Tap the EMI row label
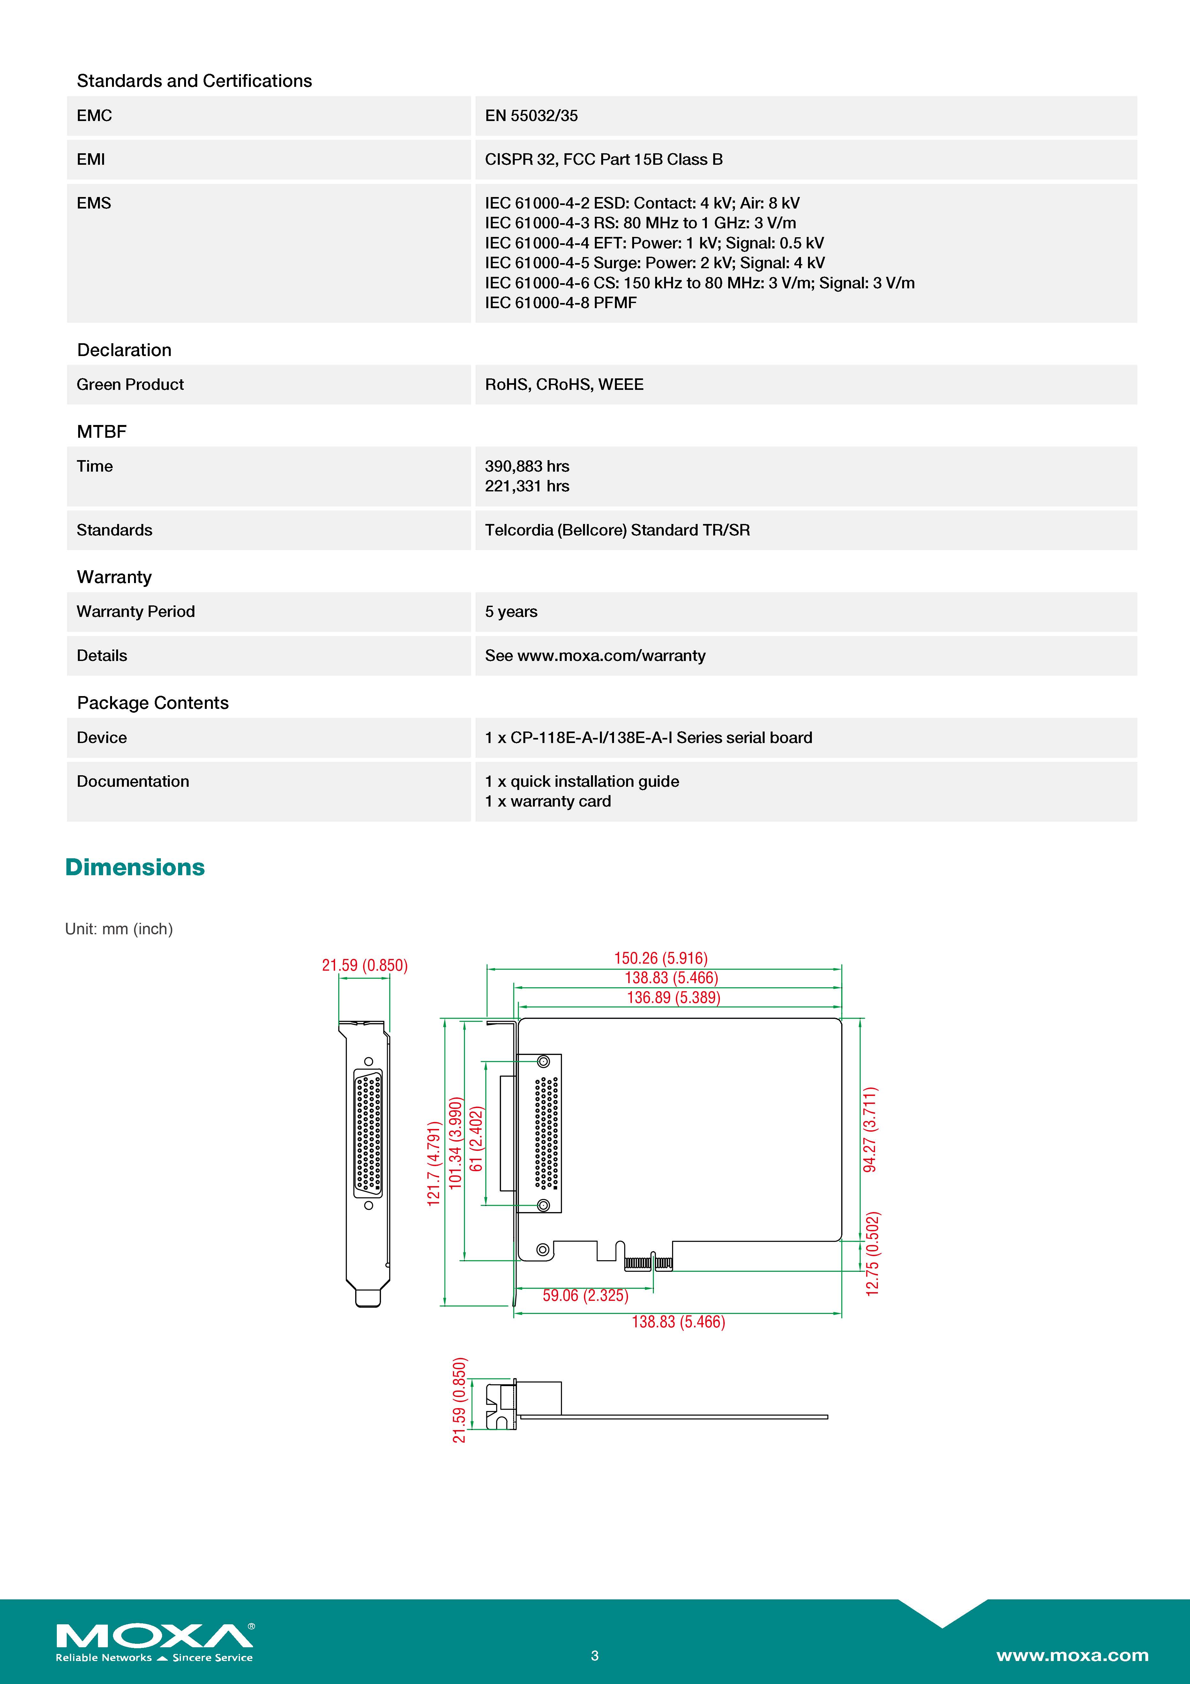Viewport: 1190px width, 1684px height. coord(91,159)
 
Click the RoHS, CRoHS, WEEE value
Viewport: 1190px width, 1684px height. coord(564,384)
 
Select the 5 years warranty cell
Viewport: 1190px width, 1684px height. coord(511,612)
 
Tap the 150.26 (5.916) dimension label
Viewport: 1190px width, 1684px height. coord(661,958)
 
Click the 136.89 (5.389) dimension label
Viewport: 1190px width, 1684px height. coord(673,998)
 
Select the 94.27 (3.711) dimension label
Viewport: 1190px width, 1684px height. coord(870,1129)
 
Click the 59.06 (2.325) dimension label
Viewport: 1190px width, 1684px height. coord(585,1295)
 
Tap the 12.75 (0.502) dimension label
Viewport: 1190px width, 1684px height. coord(872,1254)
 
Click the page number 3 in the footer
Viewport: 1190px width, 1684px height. coord(595,1655)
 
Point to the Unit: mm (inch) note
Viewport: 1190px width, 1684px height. coord(119,929)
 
